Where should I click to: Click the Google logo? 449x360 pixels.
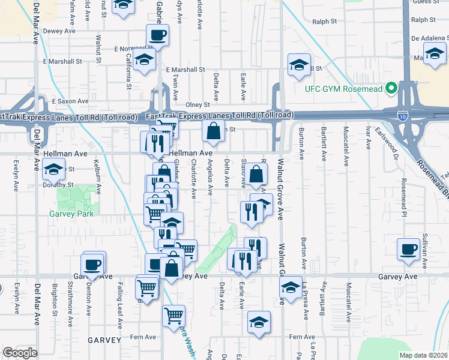(20, 352)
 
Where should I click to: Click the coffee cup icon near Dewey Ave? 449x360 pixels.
(157, 35)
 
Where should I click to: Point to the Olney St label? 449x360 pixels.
(197, 104)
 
